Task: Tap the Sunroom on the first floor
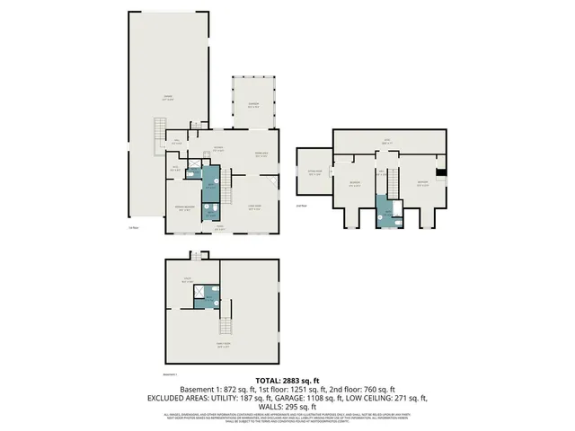[x=254, y=105]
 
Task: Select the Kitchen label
[x=218, y=149]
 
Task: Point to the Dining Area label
[x=261, y=154]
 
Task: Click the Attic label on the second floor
[x=388, y=141]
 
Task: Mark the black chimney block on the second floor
[x=440, y=174]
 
